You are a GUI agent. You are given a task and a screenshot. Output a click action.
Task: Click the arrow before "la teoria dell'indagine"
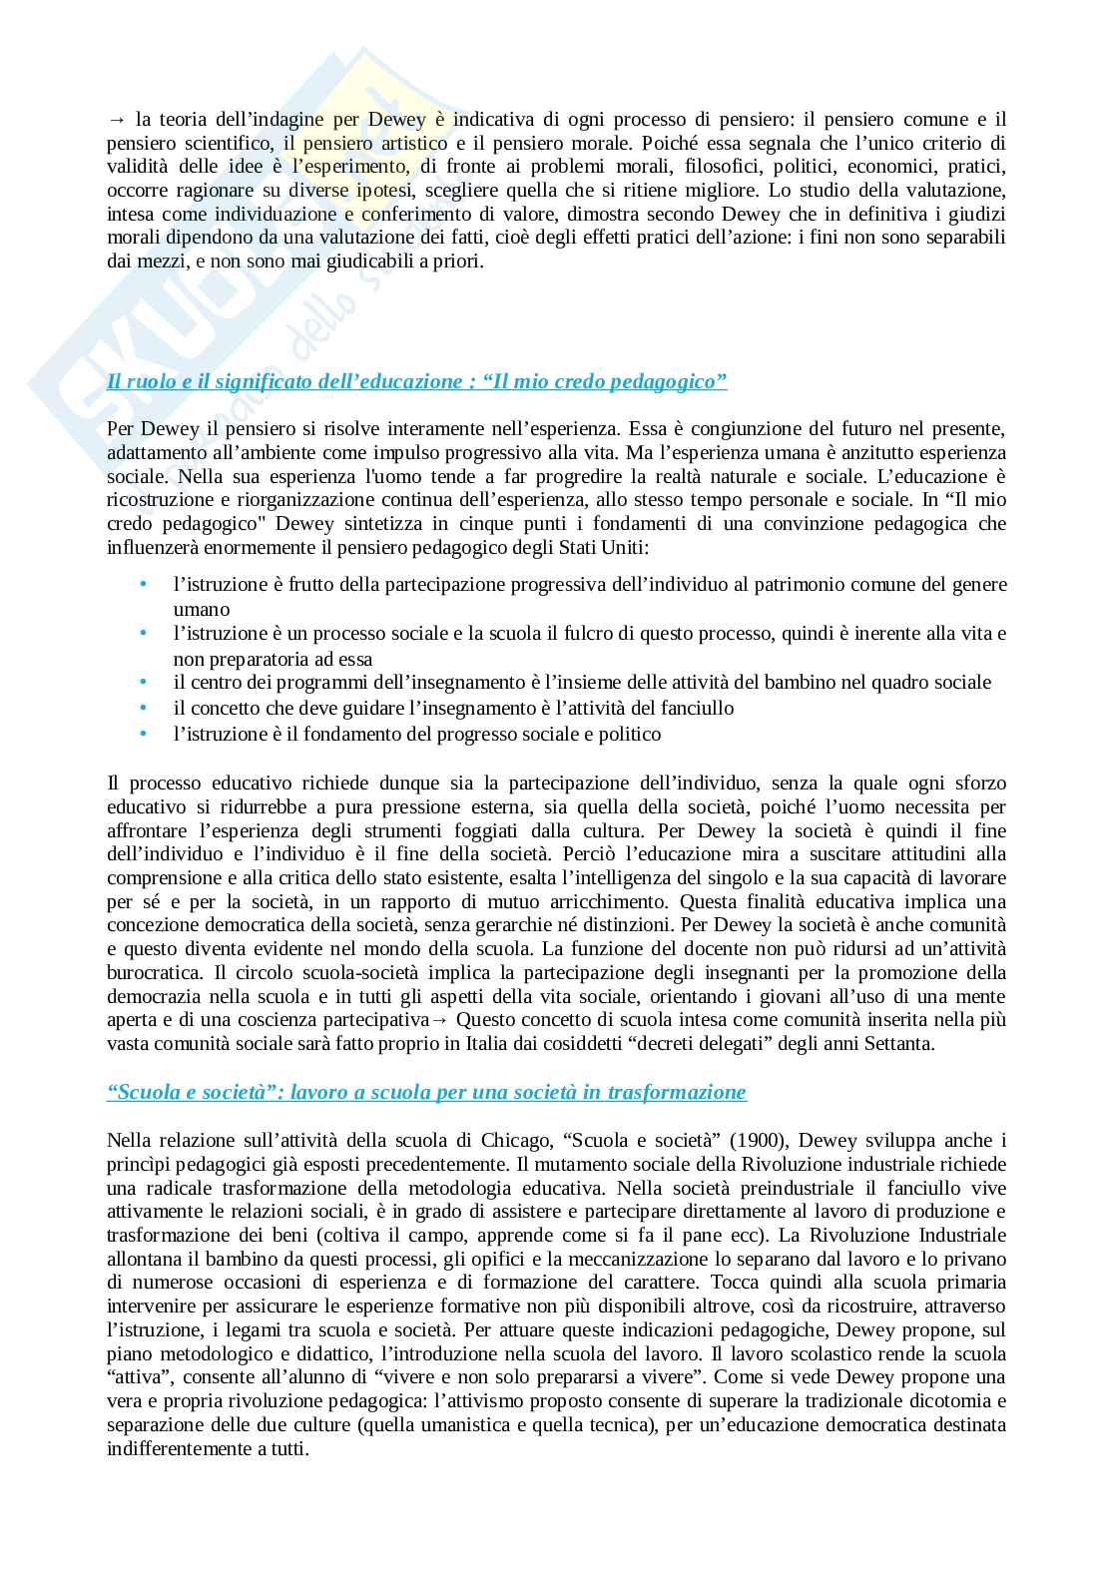(x=116, y=120)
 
